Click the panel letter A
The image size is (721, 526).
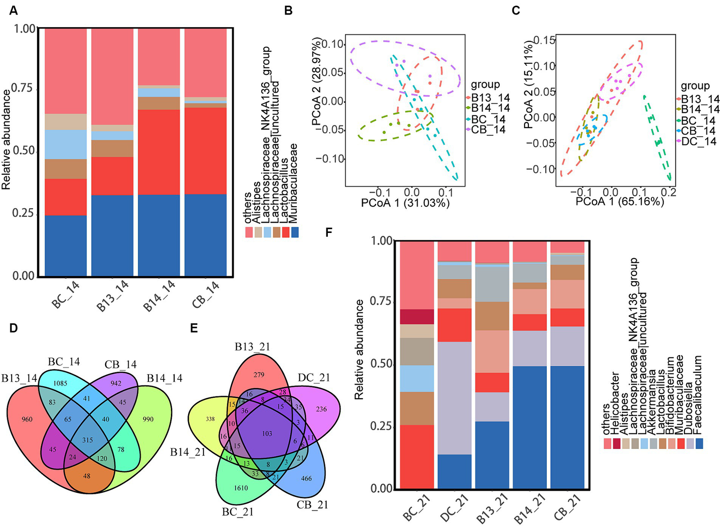pyautogui.click(x=13, y=10)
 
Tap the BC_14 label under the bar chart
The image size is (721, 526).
pyautogui.click(x=66, y=294)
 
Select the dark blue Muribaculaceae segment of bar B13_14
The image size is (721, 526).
pyautogui.click(x=112, y=235)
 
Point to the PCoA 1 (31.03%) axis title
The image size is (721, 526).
pyautogui.click(x=405, y=203)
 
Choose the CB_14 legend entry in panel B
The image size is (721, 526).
pyautogui.click(x=488, y=130)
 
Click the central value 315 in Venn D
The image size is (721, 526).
pyautogui.click(x=87, y=440)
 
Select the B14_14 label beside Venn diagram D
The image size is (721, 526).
pyautogui.click(x=164, y=378)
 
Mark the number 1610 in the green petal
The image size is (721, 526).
pyautogui.click(x=241, y=488)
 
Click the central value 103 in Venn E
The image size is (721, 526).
pyautogui.click(x=267, y=433)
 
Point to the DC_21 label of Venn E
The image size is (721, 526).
pyautogui.click(x=314, y=378)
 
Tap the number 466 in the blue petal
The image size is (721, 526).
pyautogui.click(x=306, y=478)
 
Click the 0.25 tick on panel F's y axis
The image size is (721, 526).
pyautogui.click(x=381, y=426)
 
